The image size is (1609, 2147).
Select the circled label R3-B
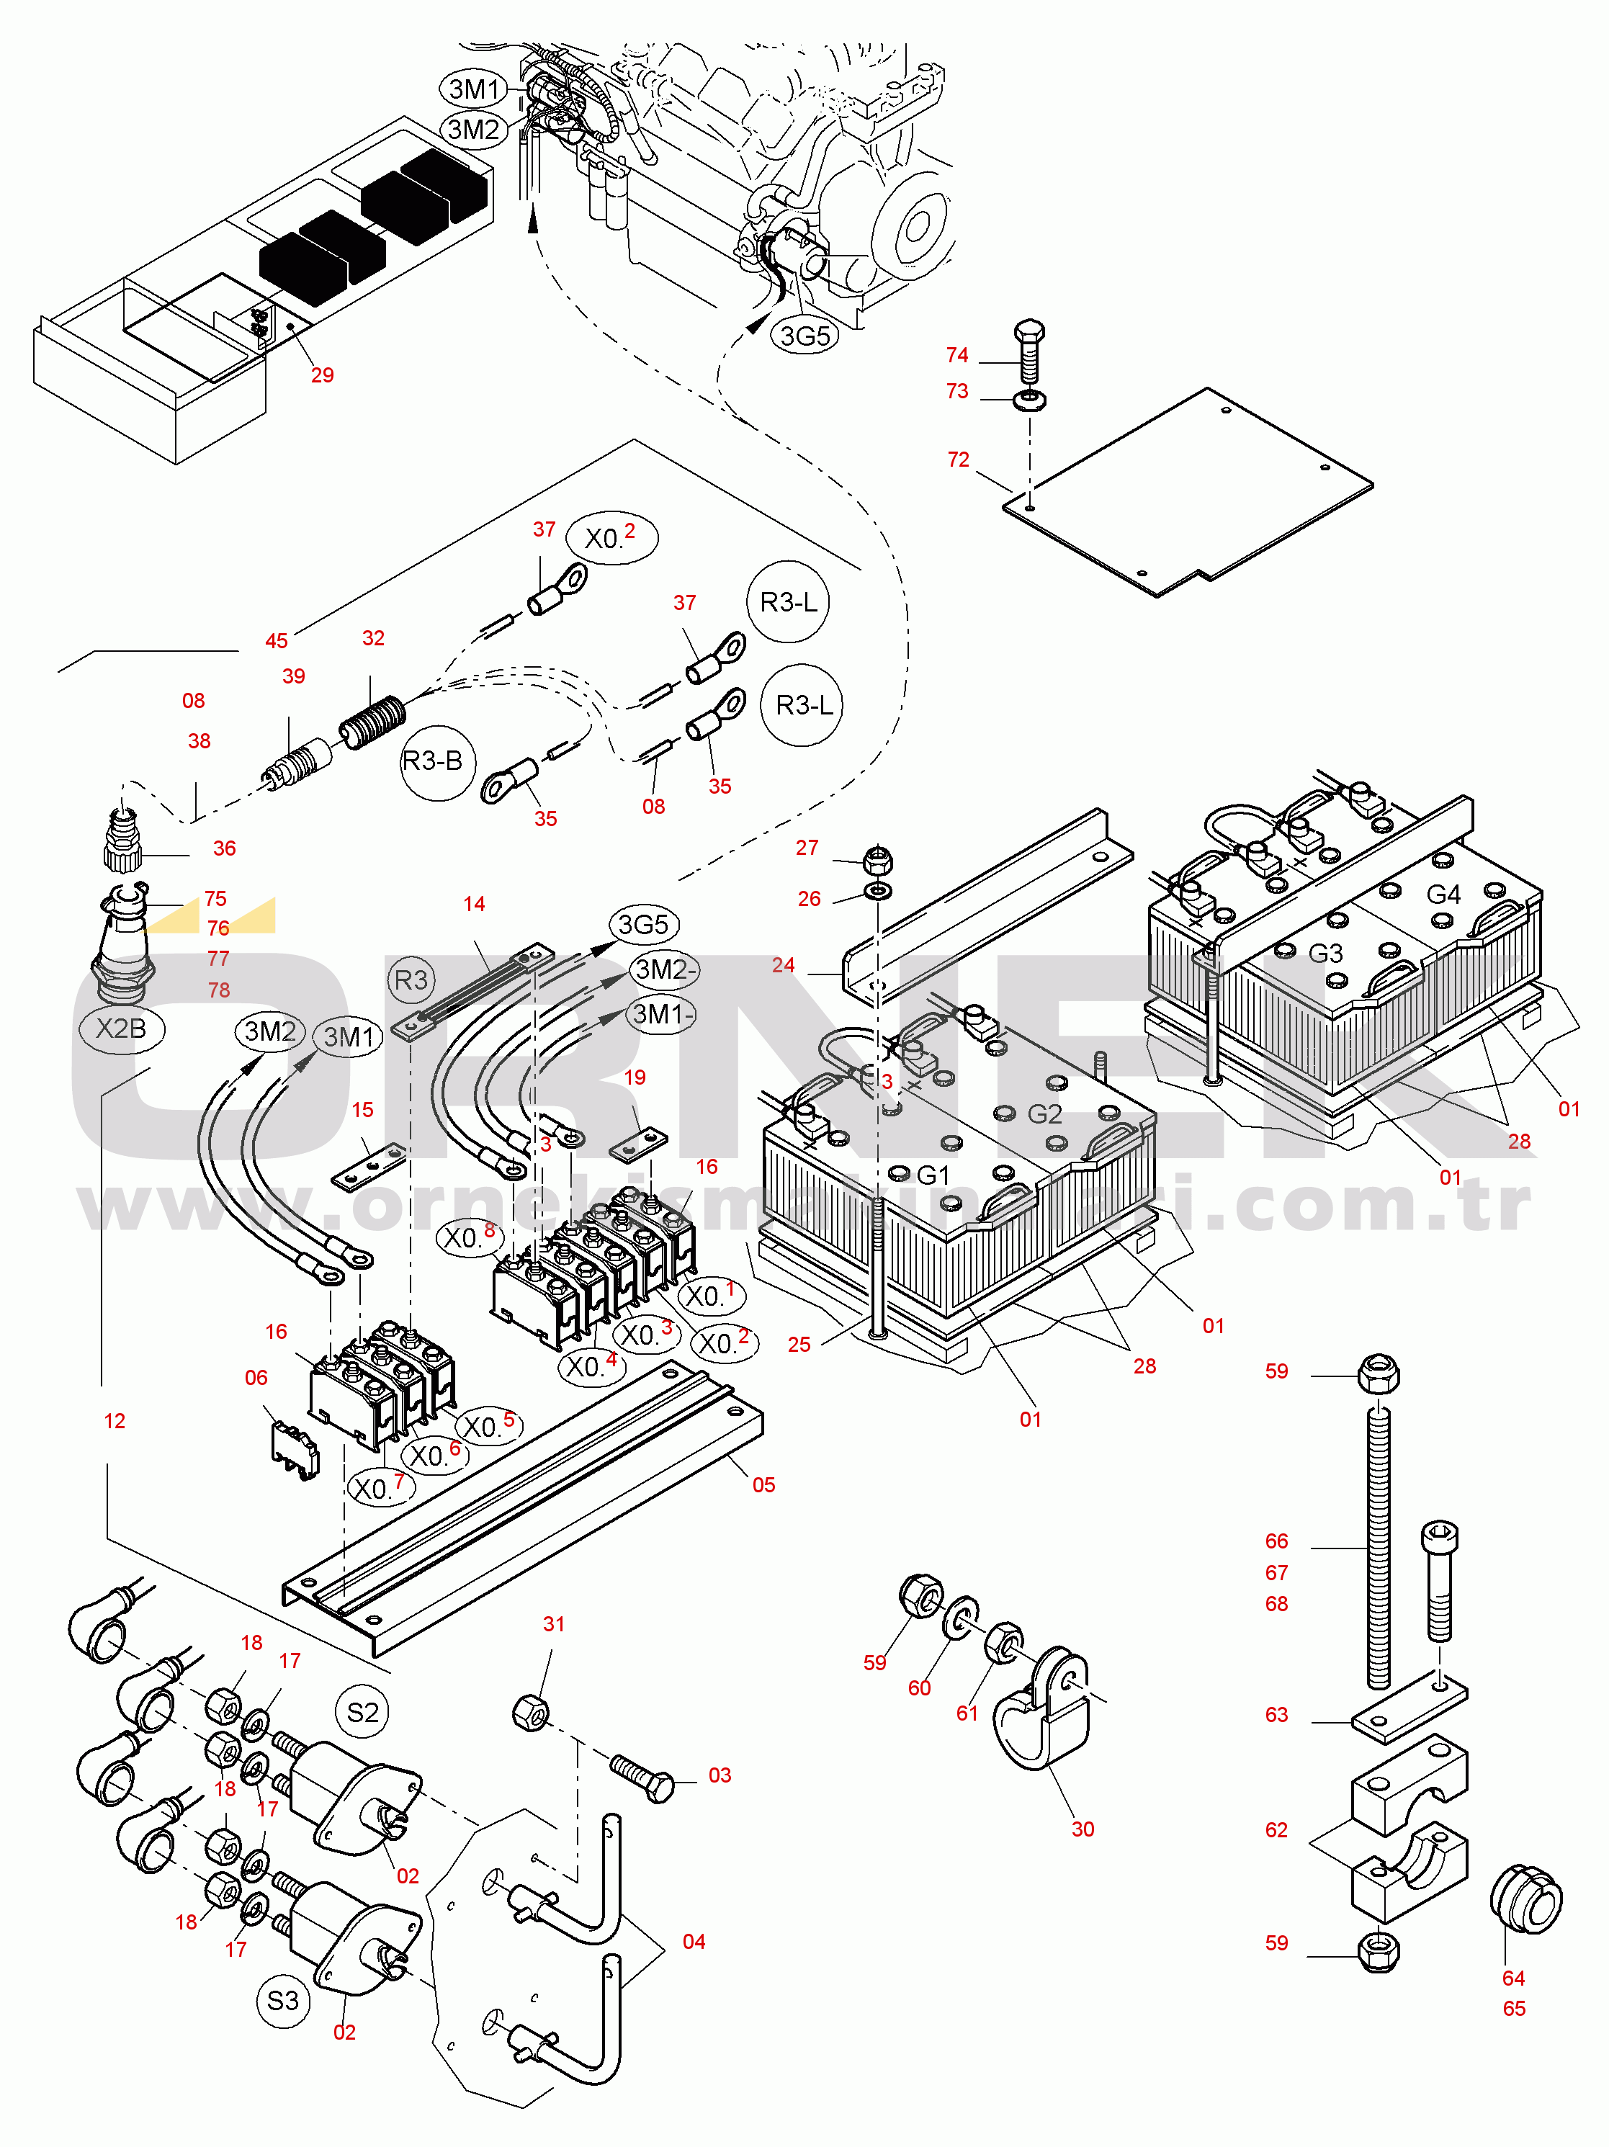[x=433, y=761]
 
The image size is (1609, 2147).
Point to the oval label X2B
[x=120, y=1028]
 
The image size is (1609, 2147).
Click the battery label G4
[x=1443, y=893]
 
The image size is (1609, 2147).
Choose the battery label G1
[x=933, y=1175]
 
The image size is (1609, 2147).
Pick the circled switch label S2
[x=362, y=1712]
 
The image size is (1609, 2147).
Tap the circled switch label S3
[x=282, y=2001]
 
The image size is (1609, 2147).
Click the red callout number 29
[x=322, y=375]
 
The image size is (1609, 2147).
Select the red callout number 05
[x=763, y=1485]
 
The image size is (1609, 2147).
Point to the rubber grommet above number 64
[x=1525, y=1899]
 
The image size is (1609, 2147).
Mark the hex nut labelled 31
[x=530, y=1713]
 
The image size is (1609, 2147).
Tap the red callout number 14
[x=474, y=904]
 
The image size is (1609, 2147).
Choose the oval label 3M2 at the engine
[x=474, y=129]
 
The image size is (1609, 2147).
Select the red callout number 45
[x=277, y=640]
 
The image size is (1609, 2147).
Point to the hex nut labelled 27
[x=877, y=860]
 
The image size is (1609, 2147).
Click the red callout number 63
[x=1276, y=1714]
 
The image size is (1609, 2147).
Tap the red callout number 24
[x=783, y=965]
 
